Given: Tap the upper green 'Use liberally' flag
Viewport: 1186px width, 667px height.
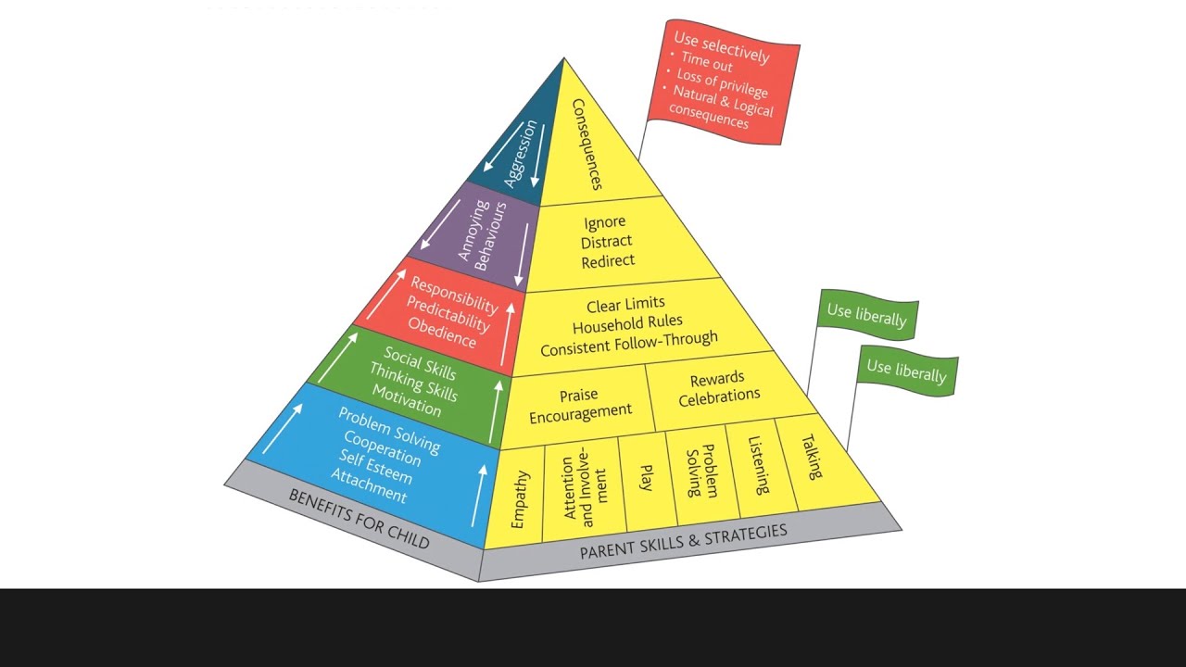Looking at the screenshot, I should [x=866, y=315].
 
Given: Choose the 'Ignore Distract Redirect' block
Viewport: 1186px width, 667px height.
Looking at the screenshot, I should [x=608, y=242].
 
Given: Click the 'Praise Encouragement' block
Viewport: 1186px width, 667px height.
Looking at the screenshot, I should [x=580, y=405].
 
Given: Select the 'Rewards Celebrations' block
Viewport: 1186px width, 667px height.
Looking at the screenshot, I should [x=719, y=387].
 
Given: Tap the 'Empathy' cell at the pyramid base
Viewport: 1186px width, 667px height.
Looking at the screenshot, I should [x=519, y=500].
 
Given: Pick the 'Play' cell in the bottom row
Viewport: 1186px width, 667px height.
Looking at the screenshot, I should [x=647, y=478].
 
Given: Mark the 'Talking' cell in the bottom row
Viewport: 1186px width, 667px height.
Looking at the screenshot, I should [x=812, y=457].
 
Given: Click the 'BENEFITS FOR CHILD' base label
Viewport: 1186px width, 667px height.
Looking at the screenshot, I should [x=359, y=518].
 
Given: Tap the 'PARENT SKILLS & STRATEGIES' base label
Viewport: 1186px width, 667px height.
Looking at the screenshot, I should [x=683, y=541].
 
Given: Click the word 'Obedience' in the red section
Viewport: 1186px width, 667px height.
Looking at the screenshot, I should [x=442, y=333].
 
